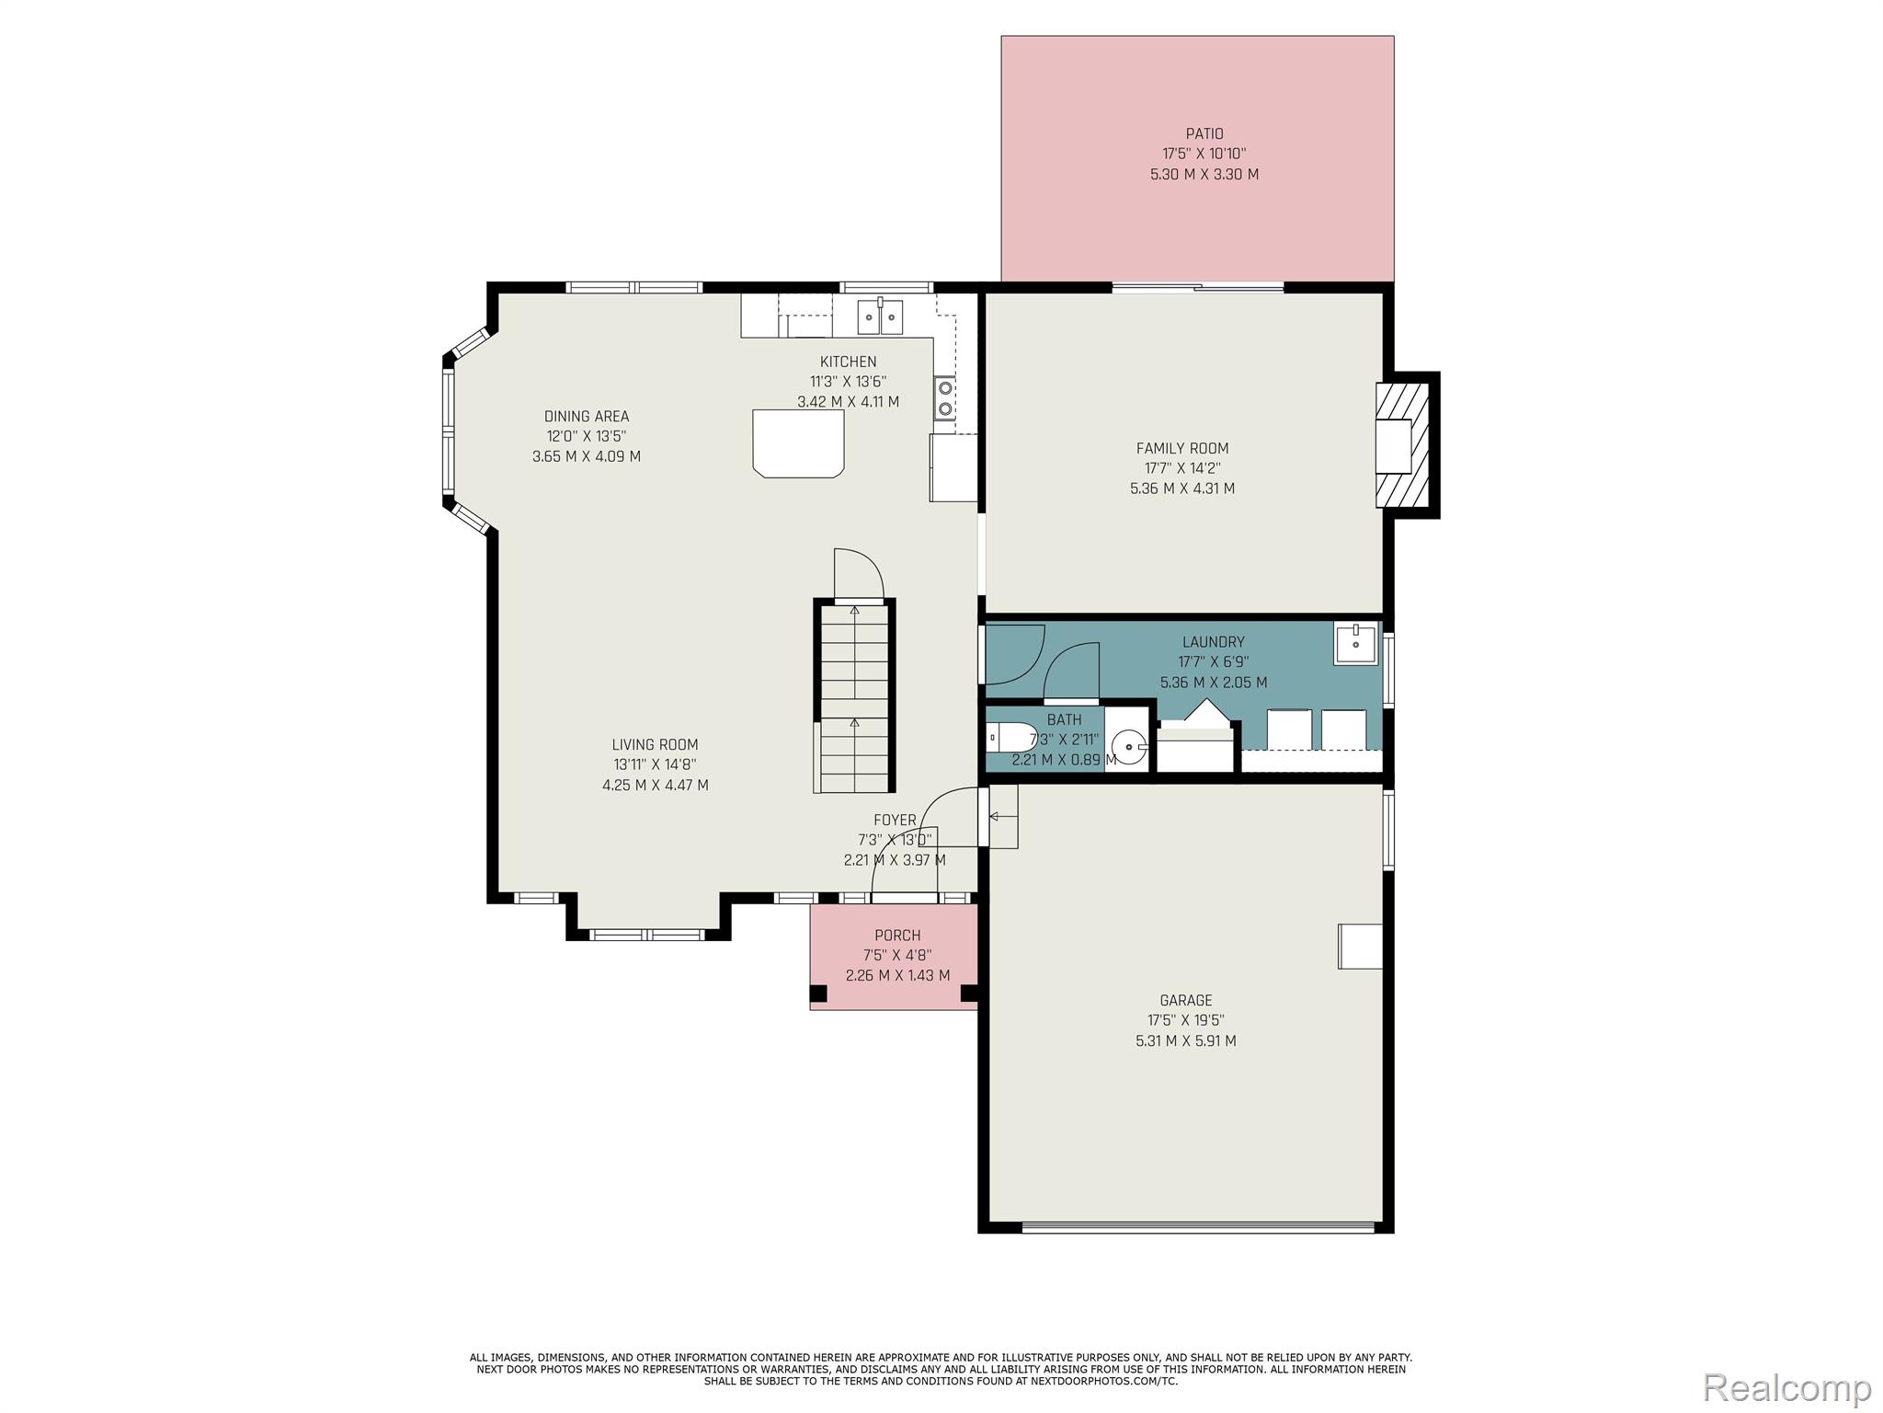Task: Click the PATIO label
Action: pos(1204,134)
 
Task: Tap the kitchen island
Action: pos(798,443)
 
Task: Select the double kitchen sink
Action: pos(880,316)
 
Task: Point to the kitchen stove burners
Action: pos(944,398)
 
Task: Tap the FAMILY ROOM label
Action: pos(1182,449)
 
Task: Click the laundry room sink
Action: pos(1356,644)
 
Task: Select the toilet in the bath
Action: pos(1010,738)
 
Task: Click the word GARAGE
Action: pos(1186,1001)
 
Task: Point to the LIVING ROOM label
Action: pos(656,745)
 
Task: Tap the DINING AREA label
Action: pos(587,417)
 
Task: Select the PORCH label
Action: pos(897,936)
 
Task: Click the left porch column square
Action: pos(818,994)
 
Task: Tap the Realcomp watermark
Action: pos(1787,1386)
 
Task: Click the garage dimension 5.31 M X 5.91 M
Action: pos(1186,1041)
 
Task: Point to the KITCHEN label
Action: pos(849,362)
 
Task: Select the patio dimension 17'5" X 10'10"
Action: pos(1204,155)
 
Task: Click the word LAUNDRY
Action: pos(1214,642)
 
